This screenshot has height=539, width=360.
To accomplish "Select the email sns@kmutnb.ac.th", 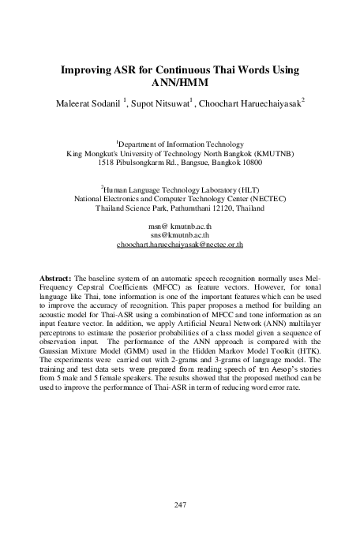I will tap(180, 234).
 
